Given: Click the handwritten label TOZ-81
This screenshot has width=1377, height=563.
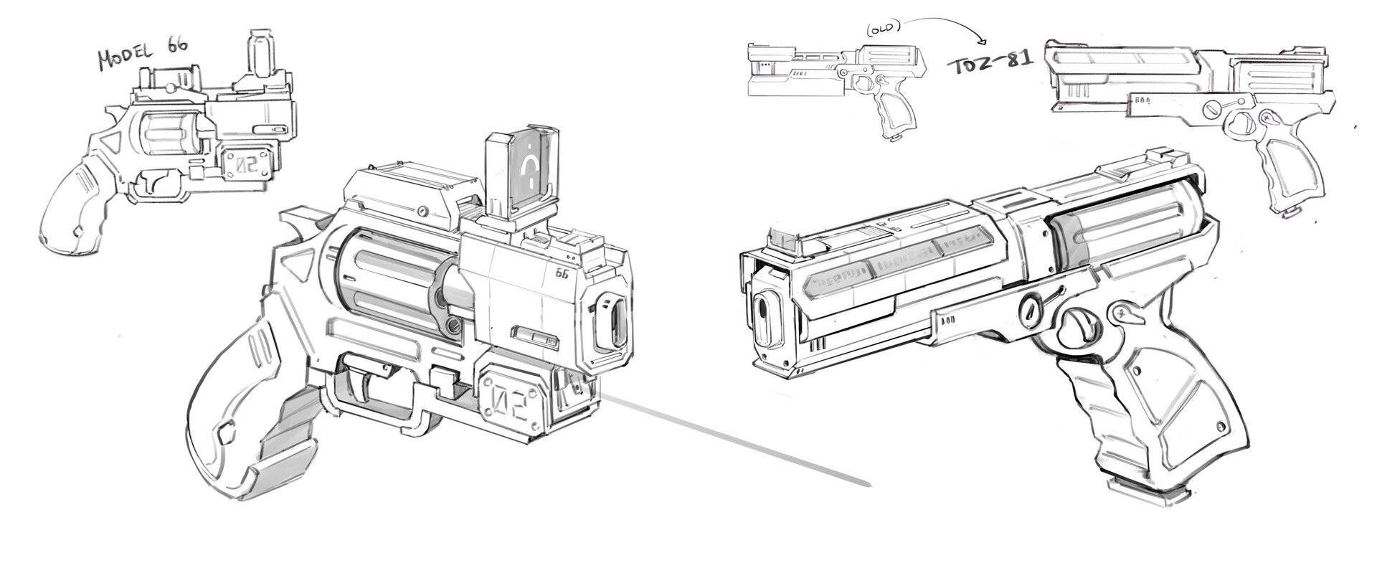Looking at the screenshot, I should tap(990, 63).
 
